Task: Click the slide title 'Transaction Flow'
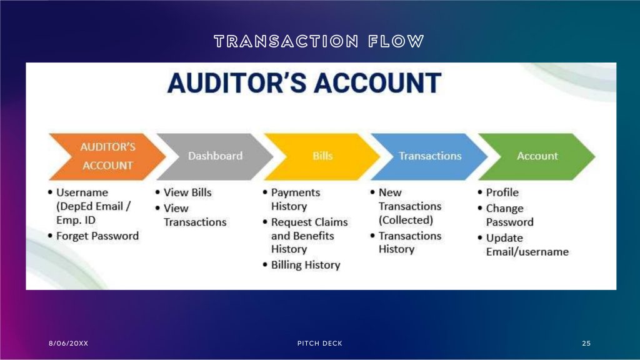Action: tap(319, 41)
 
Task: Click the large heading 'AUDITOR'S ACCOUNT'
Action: tap(304, 83)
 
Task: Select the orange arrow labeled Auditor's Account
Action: tap(107, 156)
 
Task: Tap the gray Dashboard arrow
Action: tap(215, 156)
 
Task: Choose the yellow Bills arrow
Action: tap(322, 156)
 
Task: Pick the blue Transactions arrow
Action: tap(430, 156)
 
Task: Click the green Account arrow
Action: tap(537, 156)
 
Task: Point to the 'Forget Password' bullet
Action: tap(97, 236)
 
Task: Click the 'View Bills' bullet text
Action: tap(187, 192)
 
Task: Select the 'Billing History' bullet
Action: tap(305, 265)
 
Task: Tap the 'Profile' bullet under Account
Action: tap(502, 192)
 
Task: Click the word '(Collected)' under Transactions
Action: tap(406, 220)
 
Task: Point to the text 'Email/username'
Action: tap(527, 252)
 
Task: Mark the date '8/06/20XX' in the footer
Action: tap(68, 343)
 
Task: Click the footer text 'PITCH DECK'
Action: tap(319, 343)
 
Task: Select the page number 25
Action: tap(586, 343)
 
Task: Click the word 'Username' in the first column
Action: tap(82, 192)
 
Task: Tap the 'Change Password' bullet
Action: tap(509, 215)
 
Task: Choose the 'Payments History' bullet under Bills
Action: tap(295, 199)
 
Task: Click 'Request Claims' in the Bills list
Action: tap(309, 222)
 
